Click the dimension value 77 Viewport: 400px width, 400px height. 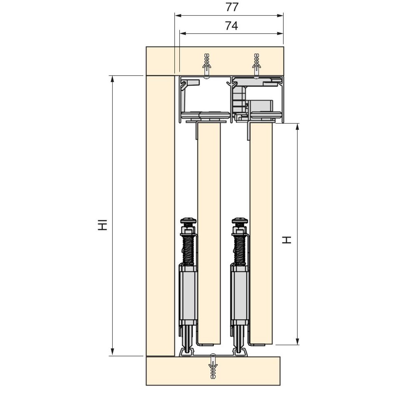pos(232,7)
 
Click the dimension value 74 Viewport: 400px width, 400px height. pos(231,26)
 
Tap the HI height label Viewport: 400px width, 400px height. pos(102,225)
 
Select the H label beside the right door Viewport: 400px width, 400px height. pos(286,240)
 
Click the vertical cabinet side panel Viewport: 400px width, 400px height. pos(160,216)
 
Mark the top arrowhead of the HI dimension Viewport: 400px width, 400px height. pos(112,79)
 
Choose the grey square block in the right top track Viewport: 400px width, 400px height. pos(262,106)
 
